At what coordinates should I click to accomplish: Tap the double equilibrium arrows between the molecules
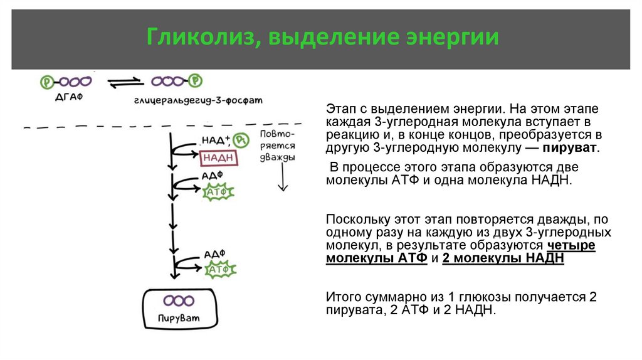coord(122,82)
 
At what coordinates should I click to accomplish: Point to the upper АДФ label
coord(210,176)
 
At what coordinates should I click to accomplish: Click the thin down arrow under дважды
coord(282,181)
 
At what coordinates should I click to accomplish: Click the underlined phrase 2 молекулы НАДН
coord(503,258)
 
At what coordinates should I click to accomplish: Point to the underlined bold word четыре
coord(571,245)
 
